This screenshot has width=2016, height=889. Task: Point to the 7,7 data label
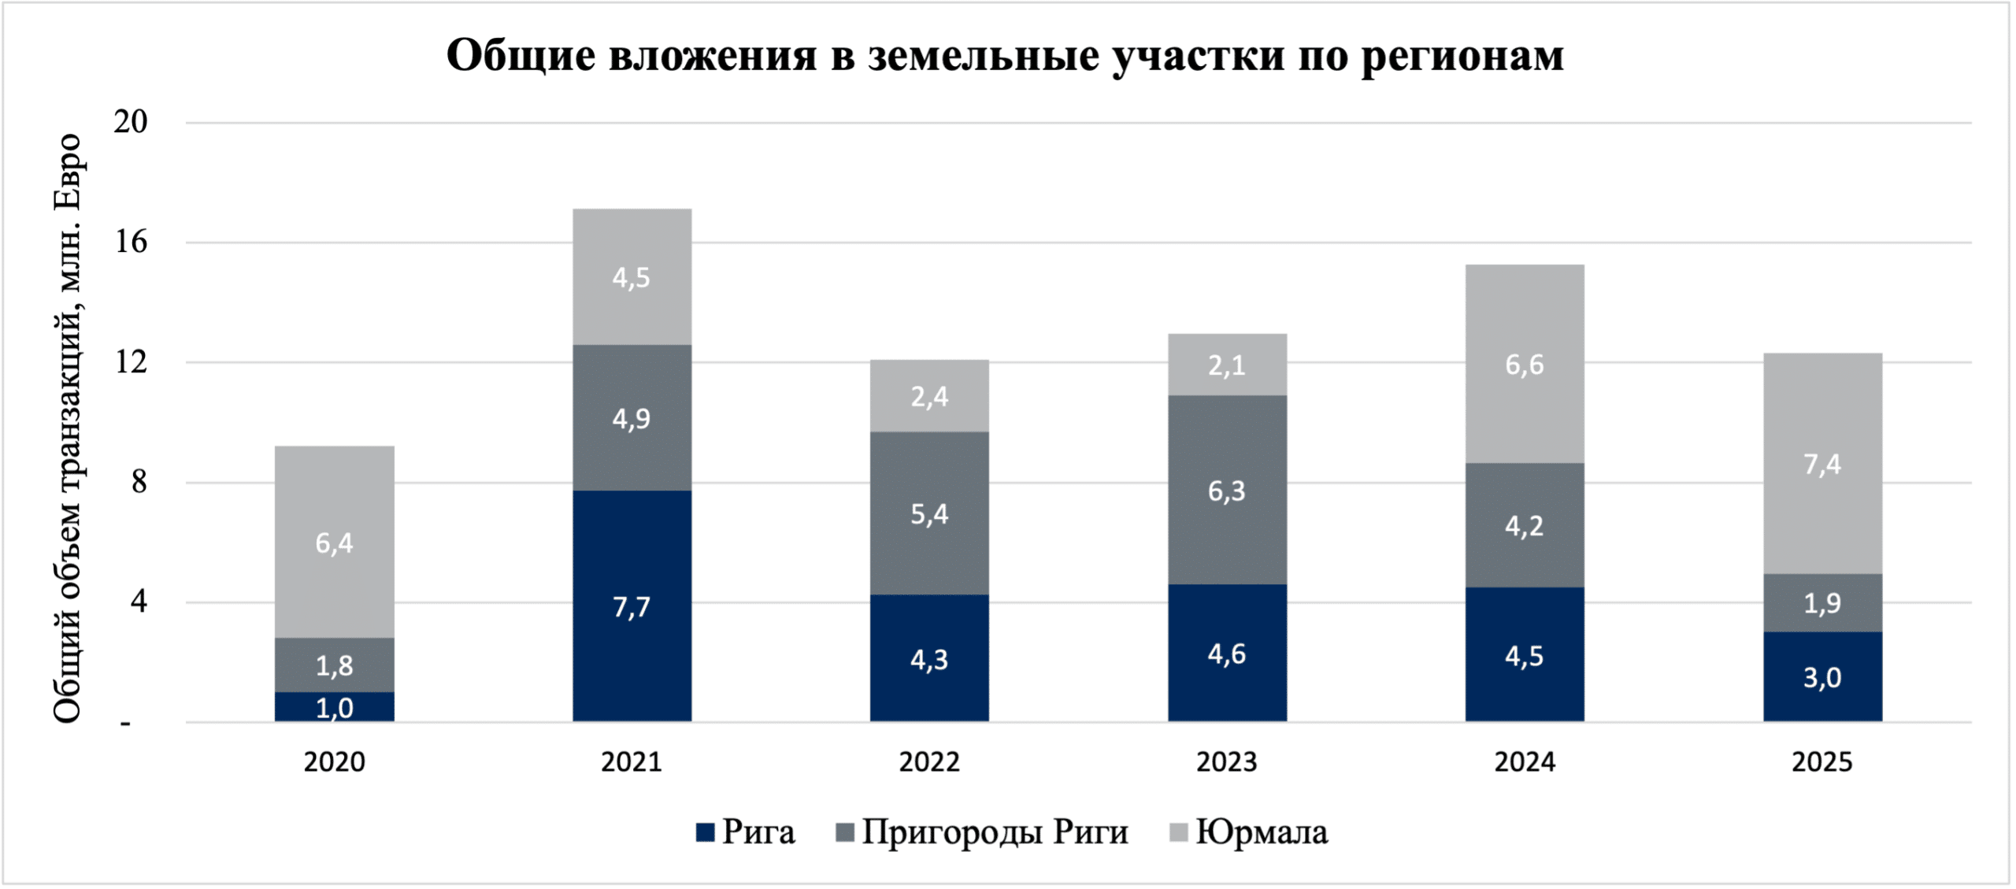632,608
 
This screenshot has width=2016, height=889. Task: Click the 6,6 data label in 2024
1525,365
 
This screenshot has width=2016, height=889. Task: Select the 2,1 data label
1227,365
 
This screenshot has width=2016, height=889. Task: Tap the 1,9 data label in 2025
1822,603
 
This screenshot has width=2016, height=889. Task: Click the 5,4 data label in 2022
929,515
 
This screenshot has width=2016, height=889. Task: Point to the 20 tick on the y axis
131,123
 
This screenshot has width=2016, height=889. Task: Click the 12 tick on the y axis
131,363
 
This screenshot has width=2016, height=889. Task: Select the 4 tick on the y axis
139,603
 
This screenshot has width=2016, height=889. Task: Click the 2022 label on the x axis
929,762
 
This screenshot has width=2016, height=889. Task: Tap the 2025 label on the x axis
1822,762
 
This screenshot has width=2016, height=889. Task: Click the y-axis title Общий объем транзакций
68,429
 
